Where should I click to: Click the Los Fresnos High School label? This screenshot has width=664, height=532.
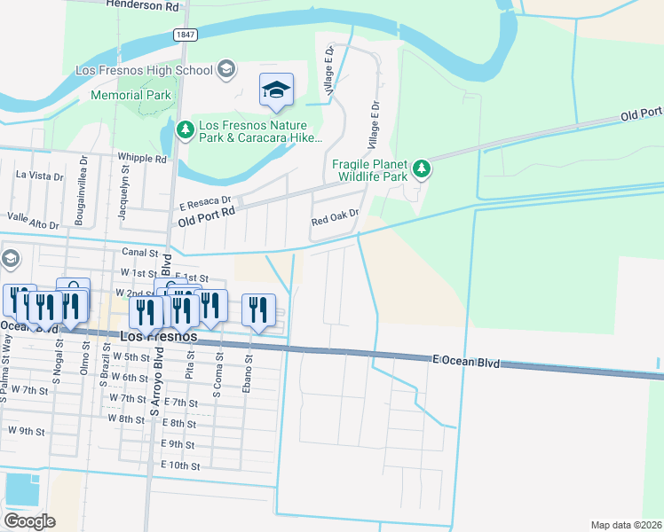pyautogui.click(x=145, y=70)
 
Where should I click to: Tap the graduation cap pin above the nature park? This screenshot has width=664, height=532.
pyautogui.click(x=277, y=90)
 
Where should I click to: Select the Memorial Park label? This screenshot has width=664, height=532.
pyautogui.click(x=130, y=95)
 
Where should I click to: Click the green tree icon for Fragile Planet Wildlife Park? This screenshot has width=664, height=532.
pyautogui.click(x=423, y=168)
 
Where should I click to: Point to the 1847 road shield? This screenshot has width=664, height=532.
pyautogui.click(x=185, y=35)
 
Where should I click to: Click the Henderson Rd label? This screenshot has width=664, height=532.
pyautogui.click(x=142, y=5)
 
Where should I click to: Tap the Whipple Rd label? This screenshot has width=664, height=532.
pyautogui.click(x=143, y=159)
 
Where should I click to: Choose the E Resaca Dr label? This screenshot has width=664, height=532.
pyautogui.click(x=204, y=201)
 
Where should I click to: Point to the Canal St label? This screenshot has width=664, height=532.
pyautogui.click(x=139, y=252)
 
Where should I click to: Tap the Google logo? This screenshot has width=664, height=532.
pyautogui.click(x=29, y=520)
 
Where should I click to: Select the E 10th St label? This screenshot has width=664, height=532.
pyautogui.click(x=180, y=465)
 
